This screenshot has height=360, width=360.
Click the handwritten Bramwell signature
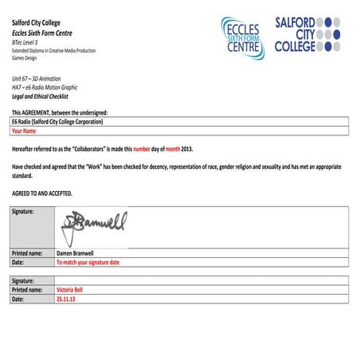[95, 222]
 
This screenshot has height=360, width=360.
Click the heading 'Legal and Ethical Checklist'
[45, 96]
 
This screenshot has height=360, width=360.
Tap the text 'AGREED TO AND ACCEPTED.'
[42, 193]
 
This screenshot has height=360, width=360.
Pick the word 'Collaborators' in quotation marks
[91, 149]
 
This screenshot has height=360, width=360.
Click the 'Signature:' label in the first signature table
[24, 212]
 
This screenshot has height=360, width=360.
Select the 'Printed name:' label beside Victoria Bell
[28, 290]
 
